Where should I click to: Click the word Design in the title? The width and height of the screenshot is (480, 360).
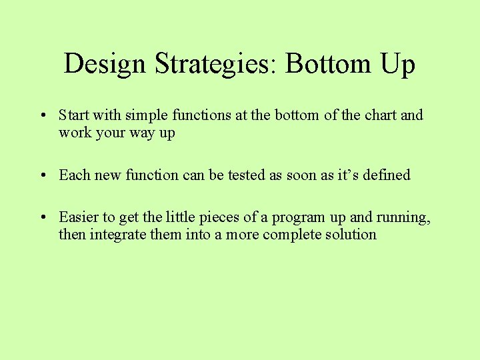(105, 64)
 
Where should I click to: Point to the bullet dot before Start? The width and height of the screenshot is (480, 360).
(42, 115)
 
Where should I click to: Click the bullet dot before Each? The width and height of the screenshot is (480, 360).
(42, 175)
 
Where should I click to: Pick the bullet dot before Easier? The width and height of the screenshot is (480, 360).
(42, 217)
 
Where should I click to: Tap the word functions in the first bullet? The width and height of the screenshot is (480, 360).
(202, 115)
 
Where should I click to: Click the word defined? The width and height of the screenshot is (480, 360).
(385, 175)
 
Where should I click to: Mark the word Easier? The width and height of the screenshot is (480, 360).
(78, 217)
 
